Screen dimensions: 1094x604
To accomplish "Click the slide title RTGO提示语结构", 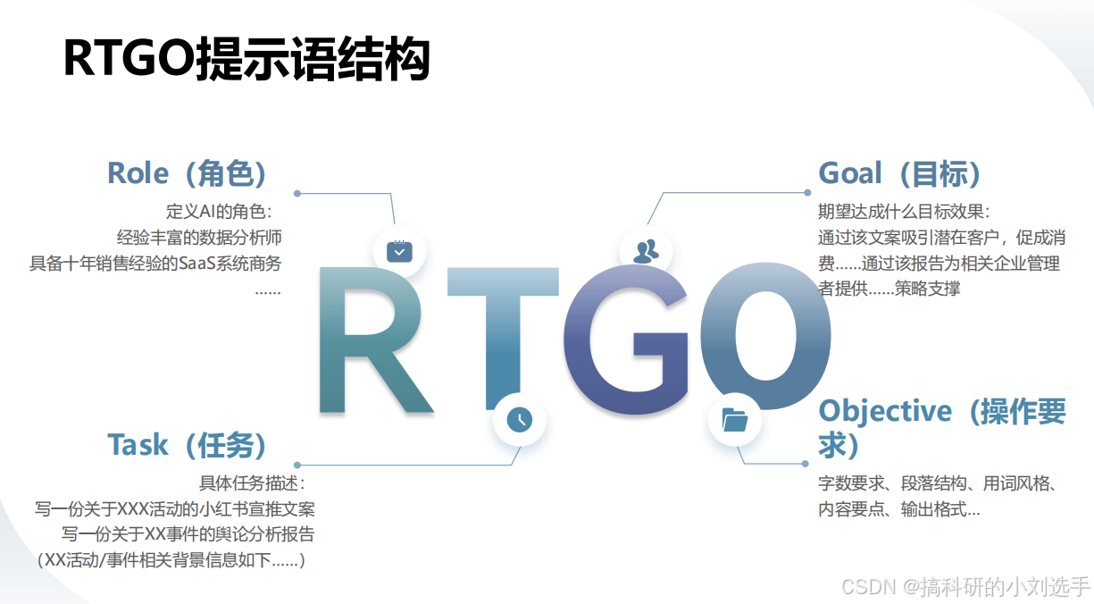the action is pos(246,59).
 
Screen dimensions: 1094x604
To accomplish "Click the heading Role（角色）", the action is pos(187,173).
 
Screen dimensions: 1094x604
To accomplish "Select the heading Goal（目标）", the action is pos(899,173).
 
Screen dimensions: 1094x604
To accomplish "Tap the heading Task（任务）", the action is pos(187,445).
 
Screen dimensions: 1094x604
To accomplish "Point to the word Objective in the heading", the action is pos(885,412).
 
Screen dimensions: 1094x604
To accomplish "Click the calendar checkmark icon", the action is pos(399,252).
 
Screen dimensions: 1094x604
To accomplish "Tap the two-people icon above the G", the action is pos(646,251).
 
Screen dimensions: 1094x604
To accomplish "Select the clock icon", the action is pos(520,420).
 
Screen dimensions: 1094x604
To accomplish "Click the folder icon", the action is pos(734,420).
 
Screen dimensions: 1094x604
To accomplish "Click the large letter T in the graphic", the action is pos(503,338).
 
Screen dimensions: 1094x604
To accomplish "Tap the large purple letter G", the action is pos(626,340).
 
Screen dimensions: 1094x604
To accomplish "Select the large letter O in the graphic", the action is pos(766,336).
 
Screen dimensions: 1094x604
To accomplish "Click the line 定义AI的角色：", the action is pos(219,212).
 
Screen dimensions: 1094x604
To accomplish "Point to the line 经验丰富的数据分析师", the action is pos(199,238).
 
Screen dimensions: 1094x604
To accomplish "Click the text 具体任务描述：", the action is pos(252,483).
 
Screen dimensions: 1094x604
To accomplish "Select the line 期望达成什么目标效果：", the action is pos(904,212).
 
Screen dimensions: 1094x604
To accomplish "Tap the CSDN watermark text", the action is pos(965,586).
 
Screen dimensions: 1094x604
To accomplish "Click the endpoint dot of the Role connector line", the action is pos(296,194).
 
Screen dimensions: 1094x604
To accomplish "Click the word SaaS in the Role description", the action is pos(196,264).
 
